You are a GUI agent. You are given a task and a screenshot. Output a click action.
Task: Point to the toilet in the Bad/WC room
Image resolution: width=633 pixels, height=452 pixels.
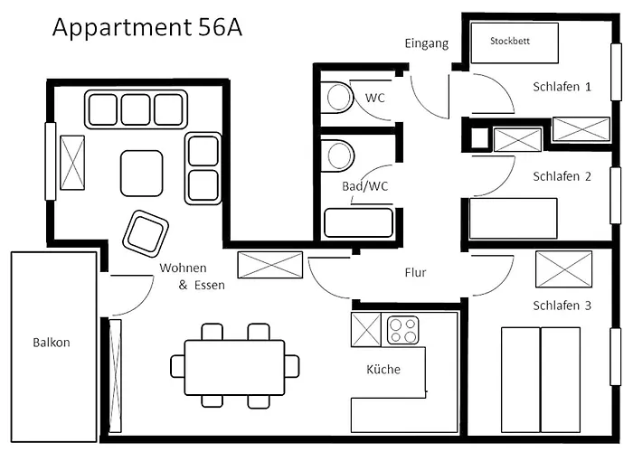pos(340,155)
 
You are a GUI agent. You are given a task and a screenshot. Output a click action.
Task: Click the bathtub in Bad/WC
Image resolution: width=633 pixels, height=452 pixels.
pos(358,222)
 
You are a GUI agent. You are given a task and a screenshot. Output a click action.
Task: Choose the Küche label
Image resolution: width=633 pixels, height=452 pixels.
pos(383,369)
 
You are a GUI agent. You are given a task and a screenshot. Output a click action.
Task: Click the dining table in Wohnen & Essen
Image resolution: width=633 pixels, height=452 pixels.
pos(234,366)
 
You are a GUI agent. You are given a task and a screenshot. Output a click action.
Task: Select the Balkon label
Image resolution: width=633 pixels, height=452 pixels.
pos(51,343)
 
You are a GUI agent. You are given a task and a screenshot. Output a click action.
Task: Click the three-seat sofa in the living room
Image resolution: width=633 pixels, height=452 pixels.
pos(137,109)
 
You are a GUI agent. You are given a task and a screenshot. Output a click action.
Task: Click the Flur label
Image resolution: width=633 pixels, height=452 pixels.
pos(415,272)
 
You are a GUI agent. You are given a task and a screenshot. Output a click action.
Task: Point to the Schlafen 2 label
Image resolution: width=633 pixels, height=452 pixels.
pos(562,176)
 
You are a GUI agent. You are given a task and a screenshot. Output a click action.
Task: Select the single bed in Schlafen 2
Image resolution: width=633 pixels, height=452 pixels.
pos(513,218)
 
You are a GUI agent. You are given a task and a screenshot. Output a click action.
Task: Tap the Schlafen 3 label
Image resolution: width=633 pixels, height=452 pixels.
pos(562,306)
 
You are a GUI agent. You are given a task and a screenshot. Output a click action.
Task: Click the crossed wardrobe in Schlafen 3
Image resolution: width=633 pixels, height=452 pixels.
pos(563,268)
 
